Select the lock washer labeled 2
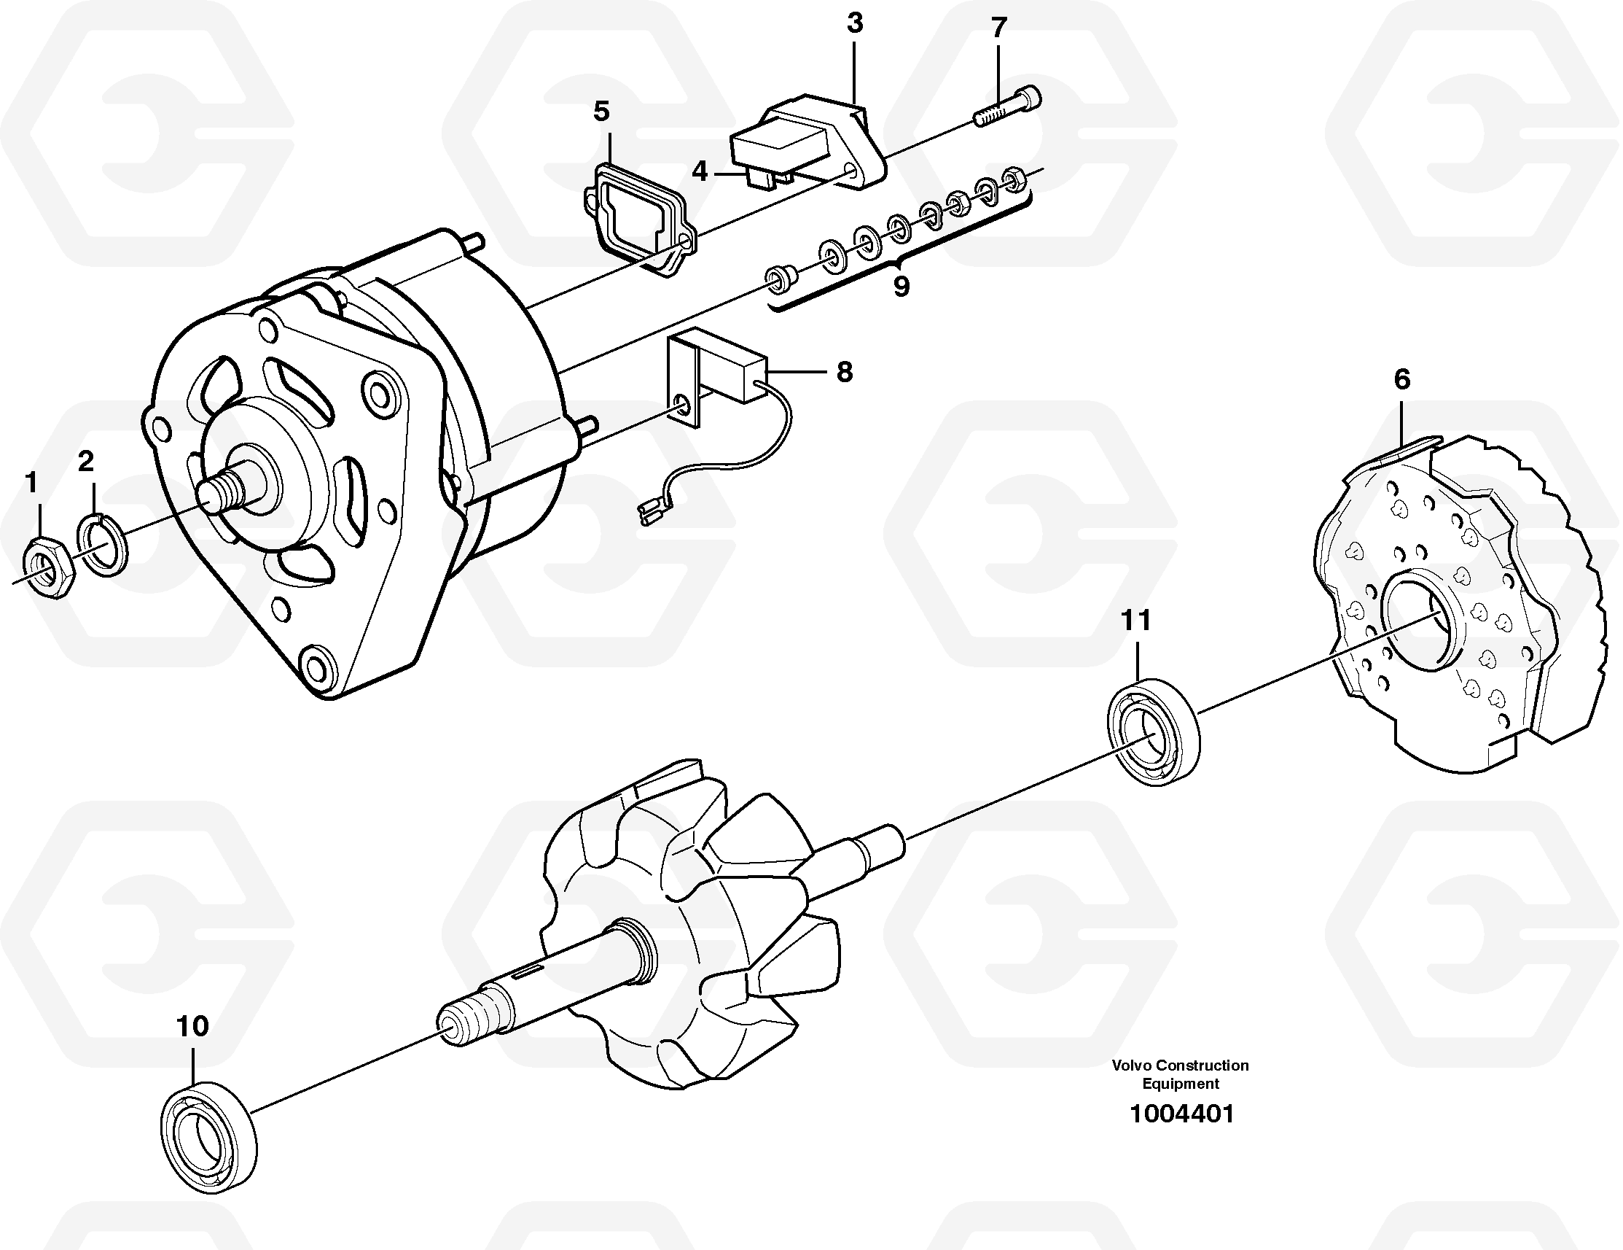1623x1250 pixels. point(103,544)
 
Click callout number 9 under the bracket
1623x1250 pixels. point(901,287)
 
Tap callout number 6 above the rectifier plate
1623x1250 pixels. point(1401,380)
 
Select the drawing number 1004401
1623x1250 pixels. point(1181,1135)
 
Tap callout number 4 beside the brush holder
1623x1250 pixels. point(700,173)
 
